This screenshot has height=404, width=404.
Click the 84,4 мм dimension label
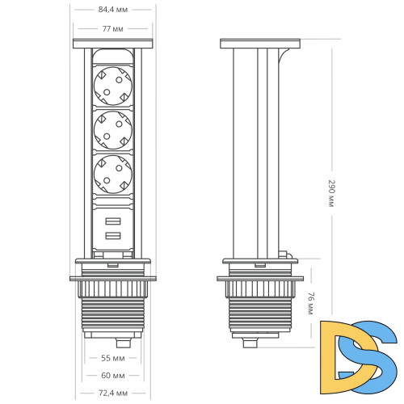(x=112, y=11)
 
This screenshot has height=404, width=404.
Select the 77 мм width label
(x=112, y=28)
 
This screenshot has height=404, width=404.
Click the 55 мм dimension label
(x=112, y=356)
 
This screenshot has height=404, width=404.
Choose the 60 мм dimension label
(x=112, y=375)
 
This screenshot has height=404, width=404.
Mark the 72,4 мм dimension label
(x=112, y=393)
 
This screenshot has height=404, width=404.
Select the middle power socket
(x=112, y=127)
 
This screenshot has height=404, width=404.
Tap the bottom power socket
(x=112, y=172)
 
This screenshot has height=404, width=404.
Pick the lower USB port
(x=112, y=237)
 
